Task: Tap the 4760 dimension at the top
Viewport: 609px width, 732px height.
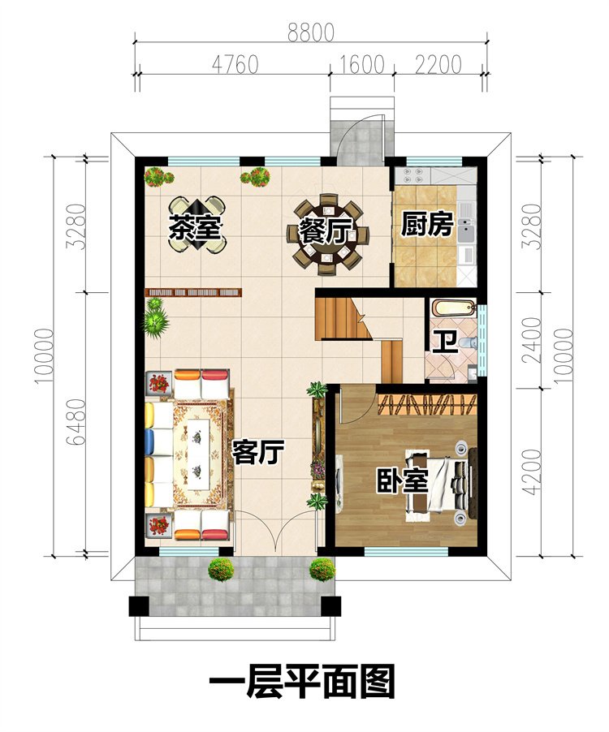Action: pyautogui.click(x=234, y=64)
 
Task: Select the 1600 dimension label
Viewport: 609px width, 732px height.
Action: pyautogui.click(x=361, y=64)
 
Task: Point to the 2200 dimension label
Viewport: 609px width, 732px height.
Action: pyautogui.click(x=438, y=64)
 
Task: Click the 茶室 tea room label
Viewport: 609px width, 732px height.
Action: pyautogui.click(x=195, y=228)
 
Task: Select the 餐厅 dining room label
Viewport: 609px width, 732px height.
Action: pyautogui.click(x=322, y=231)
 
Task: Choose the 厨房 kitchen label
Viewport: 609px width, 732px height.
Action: pyautogui.click(x=426, y=225)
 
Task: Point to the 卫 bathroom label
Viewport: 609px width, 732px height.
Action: pyautogui.click(x=443, y=342)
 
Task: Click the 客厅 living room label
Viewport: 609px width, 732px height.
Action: pyautogui.click(x=257, y=452)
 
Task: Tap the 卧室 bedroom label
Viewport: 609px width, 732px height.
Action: pyautogui.click(x=401, y=480)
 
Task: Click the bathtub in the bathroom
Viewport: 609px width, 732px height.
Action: pyautogui.click(x=450, y=309)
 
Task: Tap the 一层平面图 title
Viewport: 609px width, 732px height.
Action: pyautogui.click(x=302, y=682)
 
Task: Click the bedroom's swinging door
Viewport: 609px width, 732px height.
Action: pyautogui.click(x=349, y=406)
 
